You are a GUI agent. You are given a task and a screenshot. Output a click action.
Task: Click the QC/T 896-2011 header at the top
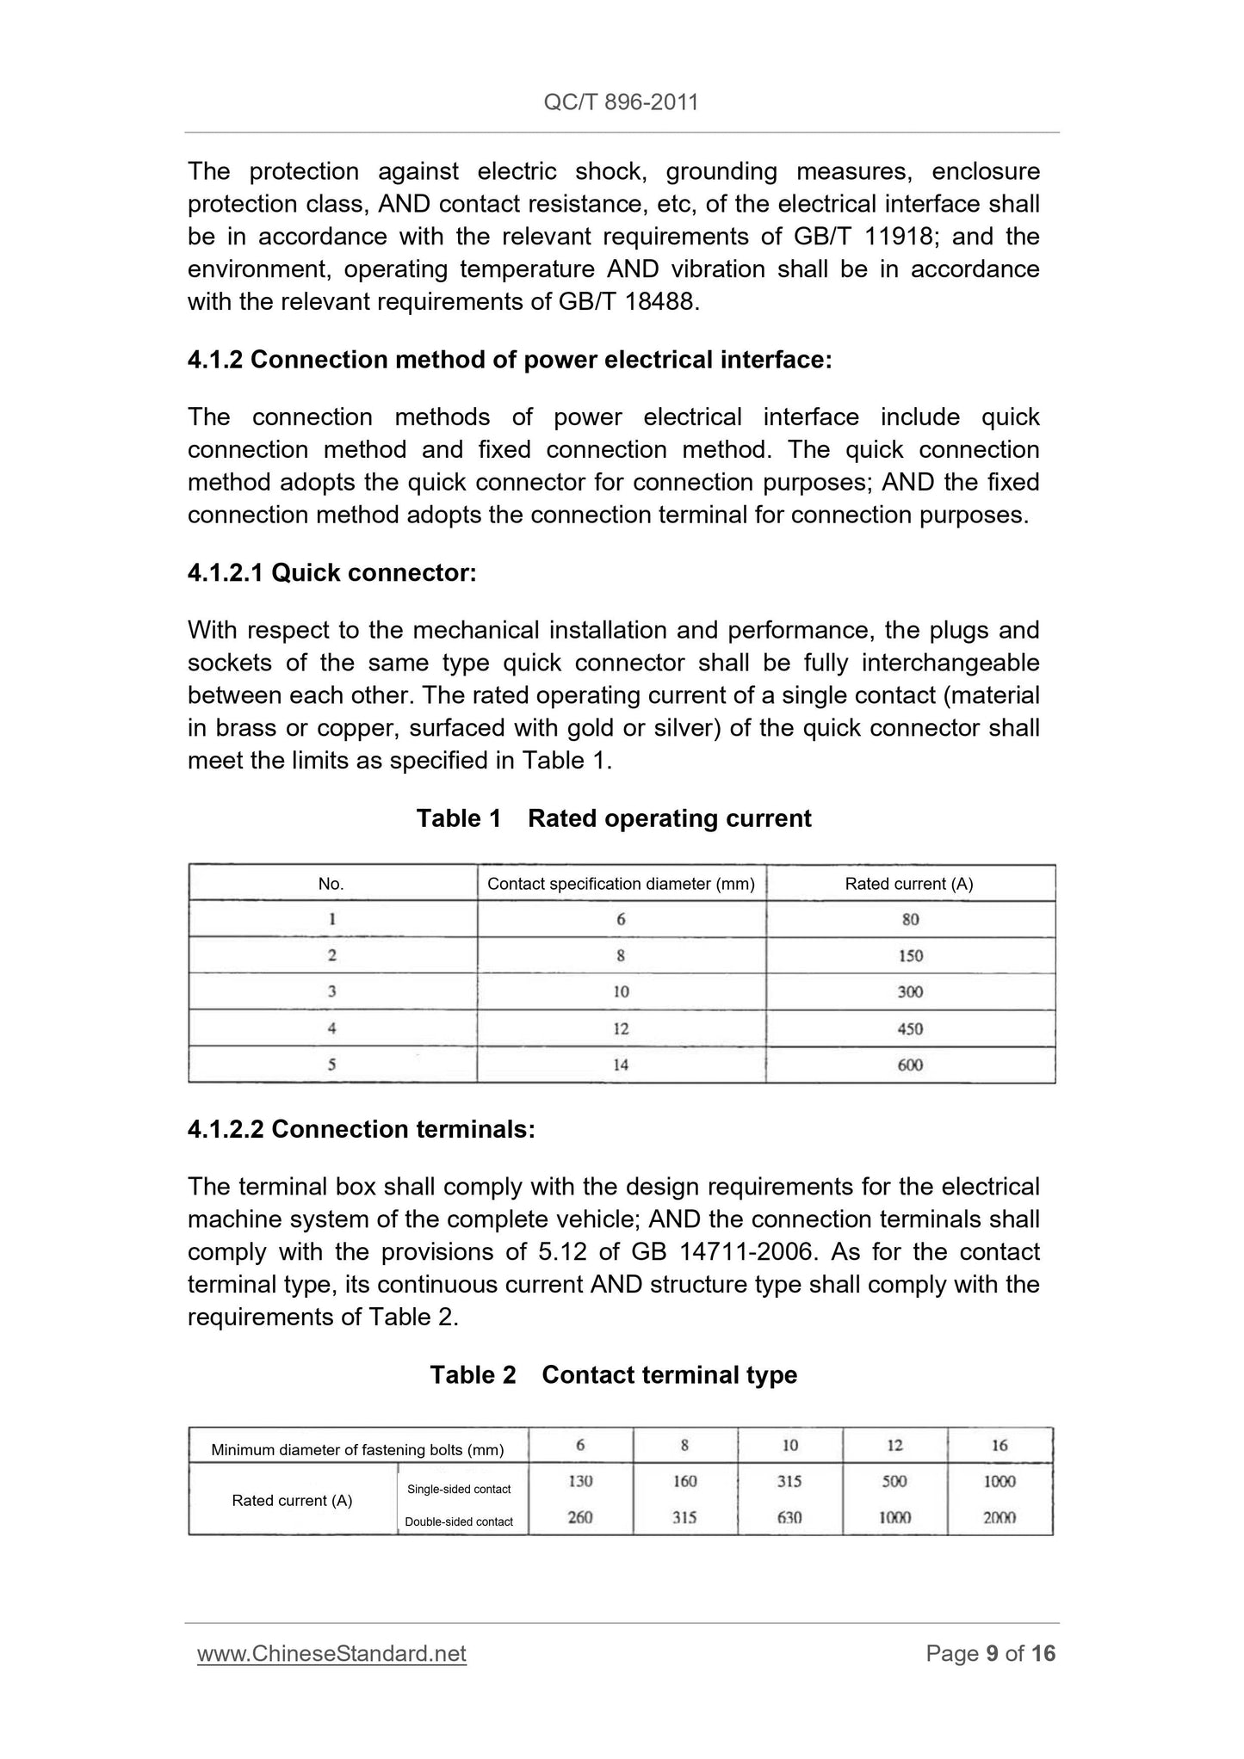pos(621,102)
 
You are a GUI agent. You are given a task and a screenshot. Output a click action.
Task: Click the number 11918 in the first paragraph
pos(903,236)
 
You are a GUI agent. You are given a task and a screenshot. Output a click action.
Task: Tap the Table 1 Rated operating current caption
pos(613,818)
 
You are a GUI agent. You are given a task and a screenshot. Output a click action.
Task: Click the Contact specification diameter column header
pos(621,884)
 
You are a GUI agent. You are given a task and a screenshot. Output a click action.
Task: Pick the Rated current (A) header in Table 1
pos(909,884)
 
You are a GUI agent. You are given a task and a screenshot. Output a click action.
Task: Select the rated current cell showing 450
pos(910,1028)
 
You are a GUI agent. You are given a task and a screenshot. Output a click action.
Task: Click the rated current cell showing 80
pos(910,919)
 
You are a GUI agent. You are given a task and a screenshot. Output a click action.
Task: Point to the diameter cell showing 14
pos(621,1065)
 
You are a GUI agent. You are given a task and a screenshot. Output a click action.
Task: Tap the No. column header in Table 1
pos(331,884)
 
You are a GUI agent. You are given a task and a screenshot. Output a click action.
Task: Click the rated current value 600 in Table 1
pos(910,1065)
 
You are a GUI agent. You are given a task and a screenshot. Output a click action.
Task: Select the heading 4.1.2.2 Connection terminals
pos(361,1129)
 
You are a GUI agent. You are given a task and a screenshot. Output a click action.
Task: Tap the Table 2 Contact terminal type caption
pos(613,1374)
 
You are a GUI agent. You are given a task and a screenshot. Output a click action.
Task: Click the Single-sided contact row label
pos(459,1489)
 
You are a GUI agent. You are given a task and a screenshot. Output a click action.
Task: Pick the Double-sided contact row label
pos(459,1521)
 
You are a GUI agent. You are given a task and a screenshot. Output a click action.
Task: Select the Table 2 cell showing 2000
pos(1000,1518)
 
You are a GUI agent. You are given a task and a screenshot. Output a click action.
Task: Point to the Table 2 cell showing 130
pos(580,1481)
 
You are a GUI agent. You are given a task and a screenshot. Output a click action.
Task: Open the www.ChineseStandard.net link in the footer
pos(331,1653)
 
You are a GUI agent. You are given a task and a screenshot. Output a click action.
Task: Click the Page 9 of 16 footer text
pos(990,1653)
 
